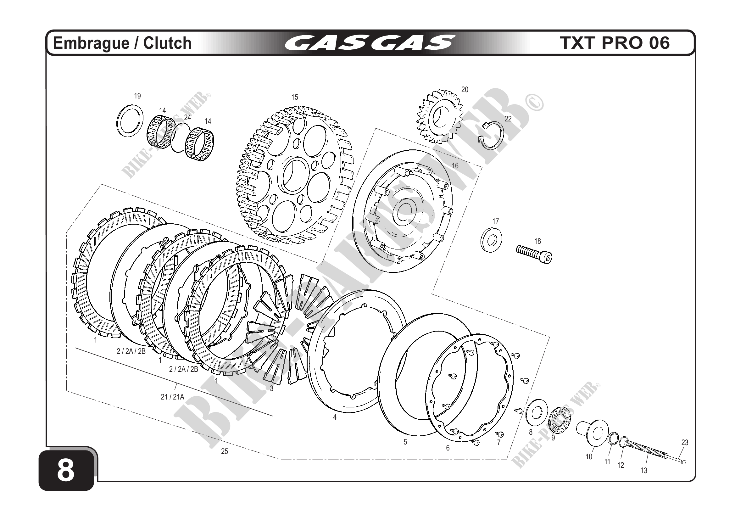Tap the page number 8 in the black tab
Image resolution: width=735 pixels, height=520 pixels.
click(66, 471)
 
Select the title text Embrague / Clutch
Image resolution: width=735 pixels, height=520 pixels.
click(122, 43)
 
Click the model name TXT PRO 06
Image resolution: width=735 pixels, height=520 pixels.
click(615, 43)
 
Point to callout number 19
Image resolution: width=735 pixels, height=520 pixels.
click(137, 96)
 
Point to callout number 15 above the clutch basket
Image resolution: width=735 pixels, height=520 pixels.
click(294, 97)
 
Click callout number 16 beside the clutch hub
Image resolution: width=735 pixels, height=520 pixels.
click(455, 165)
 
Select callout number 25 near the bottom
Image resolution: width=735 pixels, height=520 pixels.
click(225, 451)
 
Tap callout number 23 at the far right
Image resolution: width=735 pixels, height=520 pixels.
click(685, 443)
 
